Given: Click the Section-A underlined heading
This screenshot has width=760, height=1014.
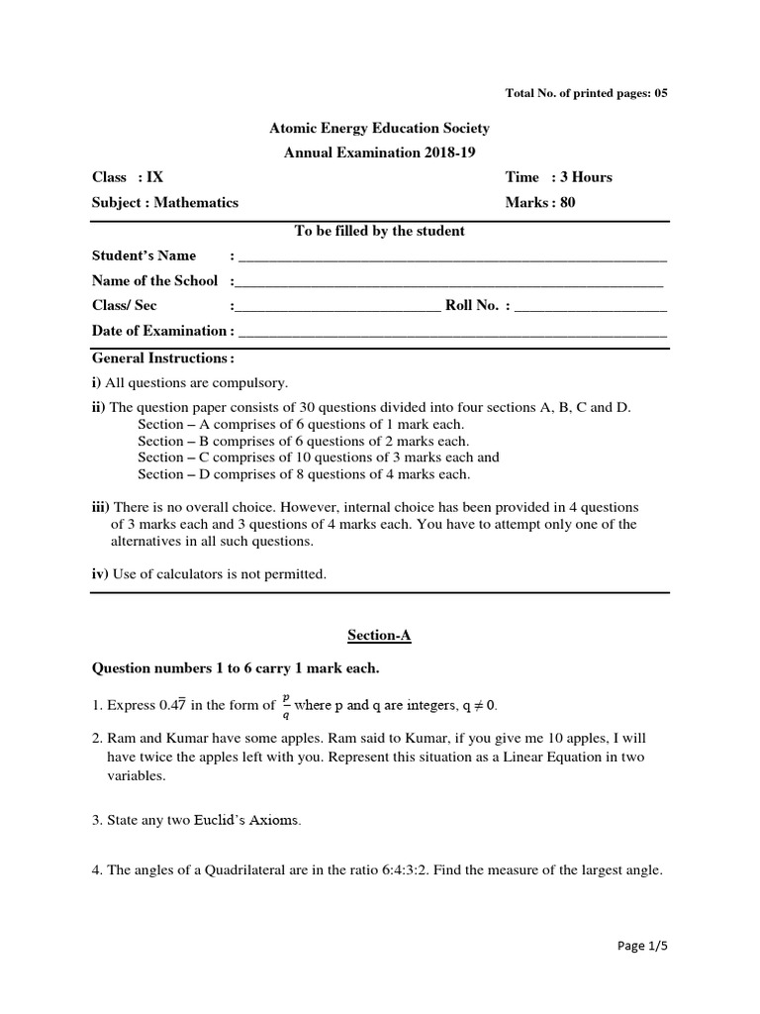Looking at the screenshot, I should [x=380, y=636].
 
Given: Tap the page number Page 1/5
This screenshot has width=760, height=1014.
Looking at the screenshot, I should [x=641, y=946].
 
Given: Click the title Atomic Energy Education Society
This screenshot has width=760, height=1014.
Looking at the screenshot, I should [x=380, y=129].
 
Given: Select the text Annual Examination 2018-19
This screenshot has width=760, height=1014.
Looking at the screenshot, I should [x=380, y=152].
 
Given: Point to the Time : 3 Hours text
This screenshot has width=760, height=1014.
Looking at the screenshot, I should [x=558, y=177].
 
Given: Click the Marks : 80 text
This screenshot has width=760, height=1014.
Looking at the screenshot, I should [x=539, y=203].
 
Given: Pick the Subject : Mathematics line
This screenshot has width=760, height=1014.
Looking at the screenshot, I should [x=165, y=203].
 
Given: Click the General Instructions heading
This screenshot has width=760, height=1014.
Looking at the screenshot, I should [x=163, y=357].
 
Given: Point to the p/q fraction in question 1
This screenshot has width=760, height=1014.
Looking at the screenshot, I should [x=286, y=706].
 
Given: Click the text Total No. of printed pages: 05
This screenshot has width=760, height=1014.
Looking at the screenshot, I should [x=587, y=93].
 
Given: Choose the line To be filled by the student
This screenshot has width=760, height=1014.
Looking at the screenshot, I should [x=380, y=232].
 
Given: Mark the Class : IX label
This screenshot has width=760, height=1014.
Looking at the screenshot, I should [x=128, y=177].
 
